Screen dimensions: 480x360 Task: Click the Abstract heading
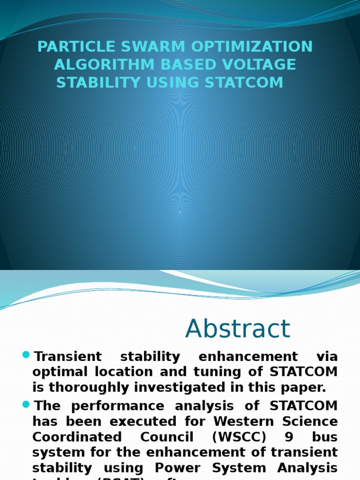tap(238, 329)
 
